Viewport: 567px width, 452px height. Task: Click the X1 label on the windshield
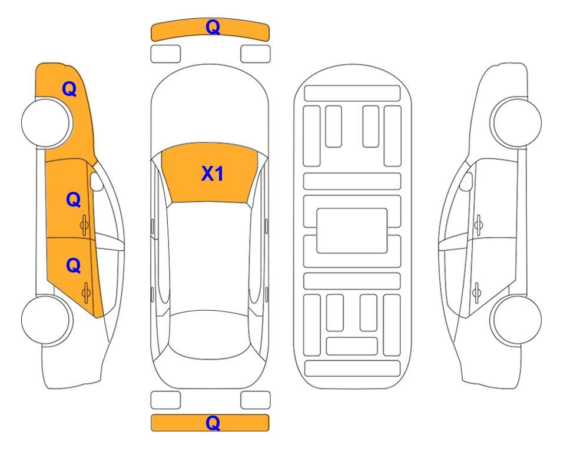[x=213, y=174]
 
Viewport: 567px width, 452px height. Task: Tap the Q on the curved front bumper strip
[x=213, y=26]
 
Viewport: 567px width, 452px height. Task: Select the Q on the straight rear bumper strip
[x=213, y=423]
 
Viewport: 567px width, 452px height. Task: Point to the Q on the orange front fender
[x=69, y=89]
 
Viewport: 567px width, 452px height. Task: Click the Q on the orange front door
[x=74, y=200]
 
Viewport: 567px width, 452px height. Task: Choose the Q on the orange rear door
[x=74, y=266]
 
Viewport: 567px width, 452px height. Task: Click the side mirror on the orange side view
[x=96, y=181]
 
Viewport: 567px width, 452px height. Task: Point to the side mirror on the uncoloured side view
[x=466, y=181]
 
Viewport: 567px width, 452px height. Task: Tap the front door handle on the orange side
[x=85, y=225]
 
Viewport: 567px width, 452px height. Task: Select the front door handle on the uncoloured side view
[x=478, y=225]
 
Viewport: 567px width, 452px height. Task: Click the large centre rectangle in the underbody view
[x=352, y=231]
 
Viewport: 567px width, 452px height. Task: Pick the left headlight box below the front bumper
[x=165, y=54]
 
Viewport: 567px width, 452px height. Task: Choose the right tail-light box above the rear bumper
[x=256, y=400]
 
